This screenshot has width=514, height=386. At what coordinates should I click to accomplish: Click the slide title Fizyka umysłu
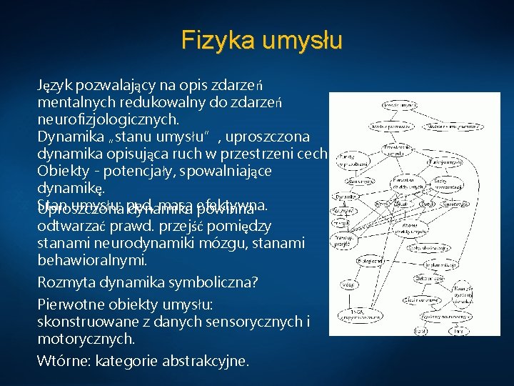pyautogui.click(x=261, y=39)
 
